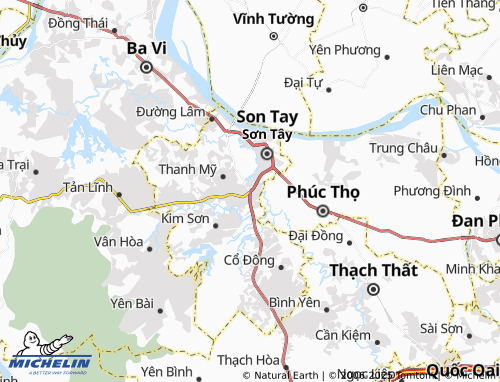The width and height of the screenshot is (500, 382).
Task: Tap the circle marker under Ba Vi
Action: pos(146,68)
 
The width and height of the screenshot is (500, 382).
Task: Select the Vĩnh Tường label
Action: pos(272,18)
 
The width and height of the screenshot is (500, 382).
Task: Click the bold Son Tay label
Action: pos(266,116)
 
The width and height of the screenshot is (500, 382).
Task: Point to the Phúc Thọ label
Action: pos(323,190)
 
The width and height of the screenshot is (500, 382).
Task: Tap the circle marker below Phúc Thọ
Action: pos(323,211)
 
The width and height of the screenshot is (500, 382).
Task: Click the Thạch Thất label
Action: pos(373,269)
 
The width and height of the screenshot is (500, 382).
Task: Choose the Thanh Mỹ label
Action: pos(187,169)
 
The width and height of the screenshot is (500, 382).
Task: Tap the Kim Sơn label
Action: pos(185,217)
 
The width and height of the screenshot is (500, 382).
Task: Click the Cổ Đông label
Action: pos(248,260)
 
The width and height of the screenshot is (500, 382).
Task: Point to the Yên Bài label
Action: pos(132,302)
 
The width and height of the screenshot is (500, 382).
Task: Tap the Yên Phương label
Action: pos(345,49)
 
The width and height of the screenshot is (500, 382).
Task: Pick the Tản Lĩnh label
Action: pos(87,187)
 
